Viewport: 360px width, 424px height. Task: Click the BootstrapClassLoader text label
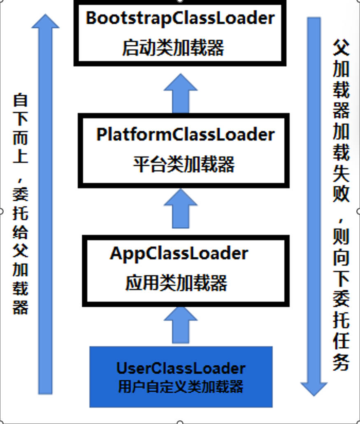coord(180,19)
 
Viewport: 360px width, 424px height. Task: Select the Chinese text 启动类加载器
coord(173,48)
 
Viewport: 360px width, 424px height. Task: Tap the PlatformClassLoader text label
coord(185,135)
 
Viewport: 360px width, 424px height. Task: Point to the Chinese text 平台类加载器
coord(183,165)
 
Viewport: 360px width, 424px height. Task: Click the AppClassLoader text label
coord(179,253)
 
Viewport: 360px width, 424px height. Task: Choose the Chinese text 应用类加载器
coord(176,283)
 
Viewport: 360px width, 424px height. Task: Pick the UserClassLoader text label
coord(181,368)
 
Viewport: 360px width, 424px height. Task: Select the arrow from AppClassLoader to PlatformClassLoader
coord(181,210)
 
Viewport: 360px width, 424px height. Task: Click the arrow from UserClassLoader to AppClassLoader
coord(181,325)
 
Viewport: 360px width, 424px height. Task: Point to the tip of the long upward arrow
coord(45,16)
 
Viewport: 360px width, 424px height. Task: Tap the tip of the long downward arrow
coord(314,393)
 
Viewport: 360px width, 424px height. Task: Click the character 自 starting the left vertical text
coord(21,100)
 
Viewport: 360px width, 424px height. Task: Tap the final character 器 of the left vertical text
coord(21,307)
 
